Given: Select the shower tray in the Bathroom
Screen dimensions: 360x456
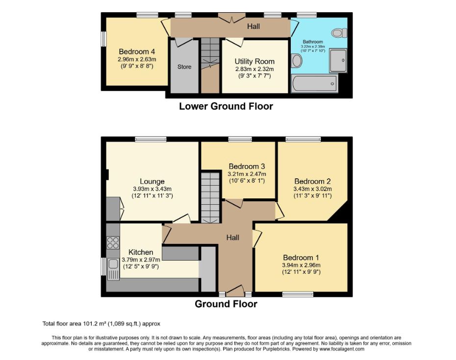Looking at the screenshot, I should pos(338,60).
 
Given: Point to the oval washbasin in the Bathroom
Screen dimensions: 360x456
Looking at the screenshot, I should pos(296,61).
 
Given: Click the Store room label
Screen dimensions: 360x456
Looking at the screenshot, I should pos(184,67).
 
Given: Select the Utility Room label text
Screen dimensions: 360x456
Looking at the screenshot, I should pos(254,61).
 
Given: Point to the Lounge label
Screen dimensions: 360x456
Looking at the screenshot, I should pos(152,182).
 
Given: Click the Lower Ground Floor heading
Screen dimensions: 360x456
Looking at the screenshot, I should pos(226,106).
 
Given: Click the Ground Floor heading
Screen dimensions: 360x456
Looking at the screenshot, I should pos(226,304).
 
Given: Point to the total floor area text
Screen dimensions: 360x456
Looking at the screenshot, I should pos(101,324).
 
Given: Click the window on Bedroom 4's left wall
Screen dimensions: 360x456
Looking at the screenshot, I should pos(103,39).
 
